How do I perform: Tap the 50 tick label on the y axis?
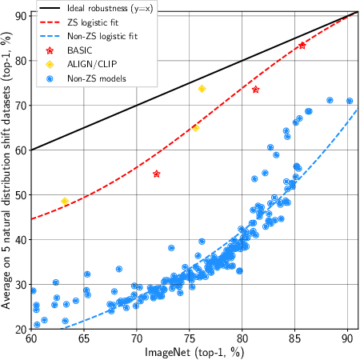[20, 194]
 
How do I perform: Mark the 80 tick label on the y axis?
[20, 60]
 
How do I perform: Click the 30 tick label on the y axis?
[20, 284]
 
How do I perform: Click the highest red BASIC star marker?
[302, 46]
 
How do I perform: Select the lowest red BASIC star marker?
[157, 174]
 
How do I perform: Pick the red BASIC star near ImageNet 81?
[255, 90]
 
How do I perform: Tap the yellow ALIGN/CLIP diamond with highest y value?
[202, 88]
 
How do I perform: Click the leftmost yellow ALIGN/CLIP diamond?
[65, 201]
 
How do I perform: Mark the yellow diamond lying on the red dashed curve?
[196, 128]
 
